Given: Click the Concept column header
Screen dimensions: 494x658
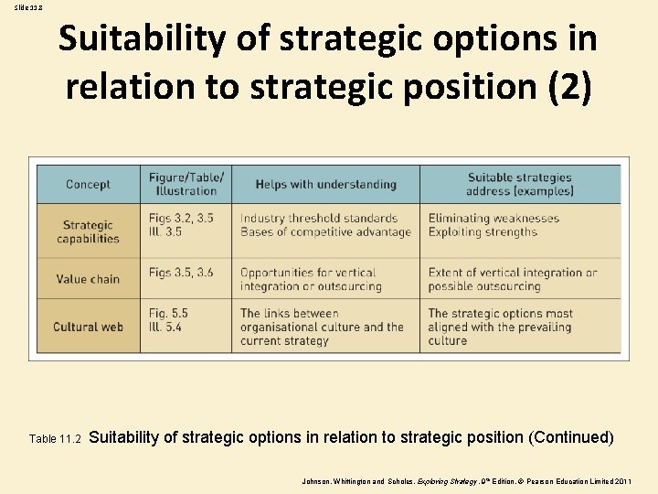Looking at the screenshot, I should tap(88, 184).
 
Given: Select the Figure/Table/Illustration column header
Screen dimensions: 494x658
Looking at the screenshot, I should tap(186, 184).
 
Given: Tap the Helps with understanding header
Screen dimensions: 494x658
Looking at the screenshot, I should tap(325, 184).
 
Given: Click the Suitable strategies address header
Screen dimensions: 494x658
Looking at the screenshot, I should tap(519, 184).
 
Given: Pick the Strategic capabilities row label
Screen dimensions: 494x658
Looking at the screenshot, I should tap(88, 231).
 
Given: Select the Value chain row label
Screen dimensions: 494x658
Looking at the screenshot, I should tap(88, 279).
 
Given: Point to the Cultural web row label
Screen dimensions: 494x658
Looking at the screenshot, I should tap(88, 327).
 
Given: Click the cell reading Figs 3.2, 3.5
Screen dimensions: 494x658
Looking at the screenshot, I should tap(181, 225).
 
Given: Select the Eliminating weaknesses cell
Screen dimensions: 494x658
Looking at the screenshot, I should tap(493, 225).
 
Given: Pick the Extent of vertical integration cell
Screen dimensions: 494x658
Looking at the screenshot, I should tap(512, 279).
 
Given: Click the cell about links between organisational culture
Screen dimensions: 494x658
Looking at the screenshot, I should tap(322, 327).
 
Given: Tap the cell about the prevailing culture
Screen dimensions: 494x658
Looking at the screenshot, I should tap(501, 327).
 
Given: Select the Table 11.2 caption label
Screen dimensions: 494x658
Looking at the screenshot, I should tap(56, 439).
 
